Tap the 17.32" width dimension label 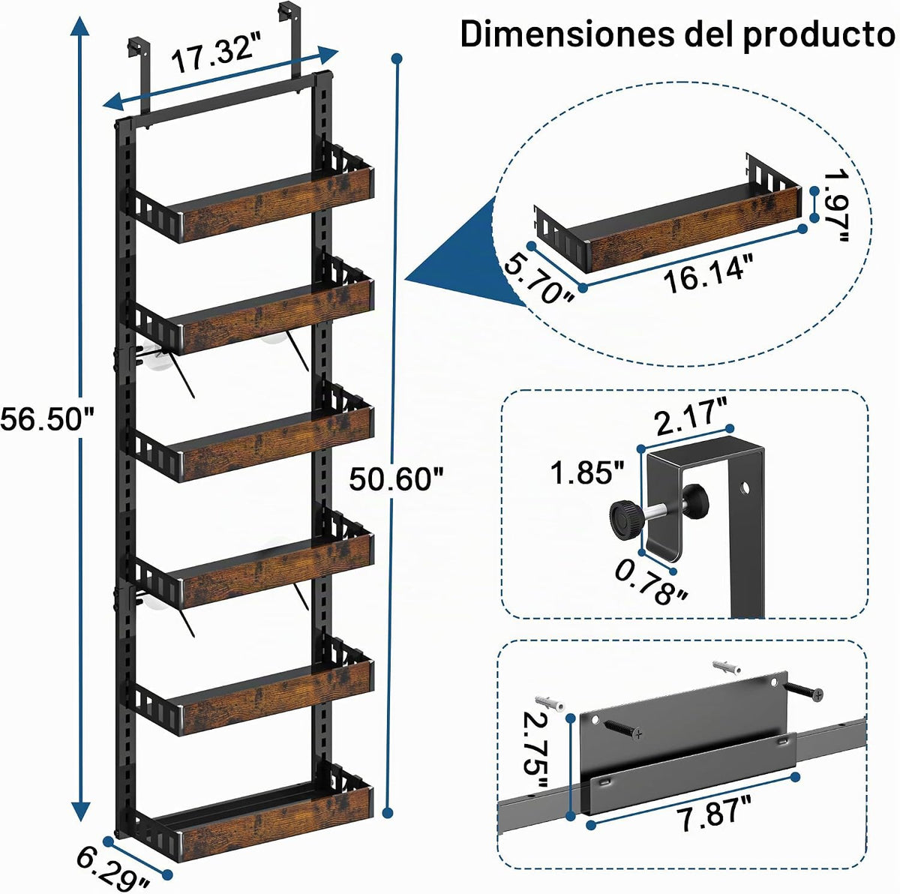[218, 54]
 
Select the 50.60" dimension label [395, 478]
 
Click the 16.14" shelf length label [708, 274]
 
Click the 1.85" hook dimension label [587, 472]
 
